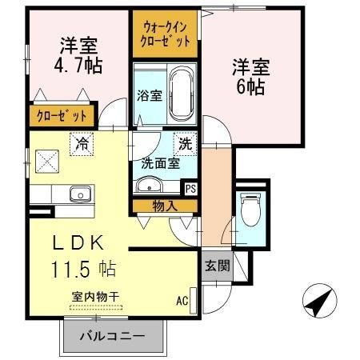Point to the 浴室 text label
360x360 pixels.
[150, 95]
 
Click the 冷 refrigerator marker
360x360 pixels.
[81, 145]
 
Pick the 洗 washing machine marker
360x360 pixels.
[186, 144]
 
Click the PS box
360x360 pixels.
[190, 189]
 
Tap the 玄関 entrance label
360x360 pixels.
[216, 265]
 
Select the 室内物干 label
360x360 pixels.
[95, 297]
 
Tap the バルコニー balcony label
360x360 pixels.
[111, 336]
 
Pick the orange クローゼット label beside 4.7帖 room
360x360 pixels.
[62, 116]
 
